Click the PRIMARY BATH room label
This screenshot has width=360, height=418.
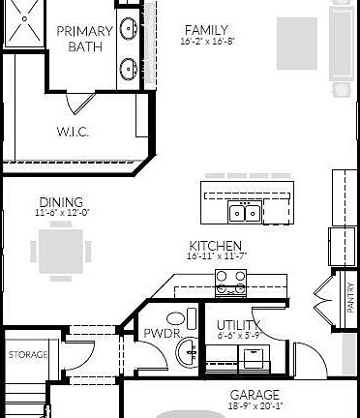coord(84,39)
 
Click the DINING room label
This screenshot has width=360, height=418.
coord(62,201)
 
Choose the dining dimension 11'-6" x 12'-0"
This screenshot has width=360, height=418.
coord(62,212)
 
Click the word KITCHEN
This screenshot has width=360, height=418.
coord(215,246)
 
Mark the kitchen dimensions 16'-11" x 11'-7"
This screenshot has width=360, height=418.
coord(215,256)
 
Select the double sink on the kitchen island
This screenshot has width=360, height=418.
coord(243,212)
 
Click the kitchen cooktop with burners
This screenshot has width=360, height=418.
coord(229,282)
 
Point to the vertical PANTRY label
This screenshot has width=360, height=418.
coord(350,296)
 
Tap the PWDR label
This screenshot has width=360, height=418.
coord(158,335)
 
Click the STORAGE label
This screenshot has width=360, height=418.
coord(28,355)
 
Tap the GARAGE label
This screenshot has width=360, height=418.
coord(255,395)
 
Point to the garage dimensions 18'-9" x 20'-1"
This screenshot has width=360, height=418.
coord(255,406)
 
